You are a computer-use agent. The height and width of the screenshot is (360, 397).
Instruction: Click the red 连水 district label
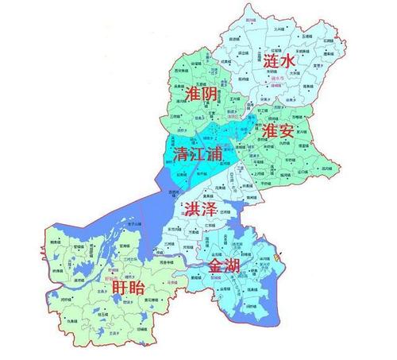coord(281,61)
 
